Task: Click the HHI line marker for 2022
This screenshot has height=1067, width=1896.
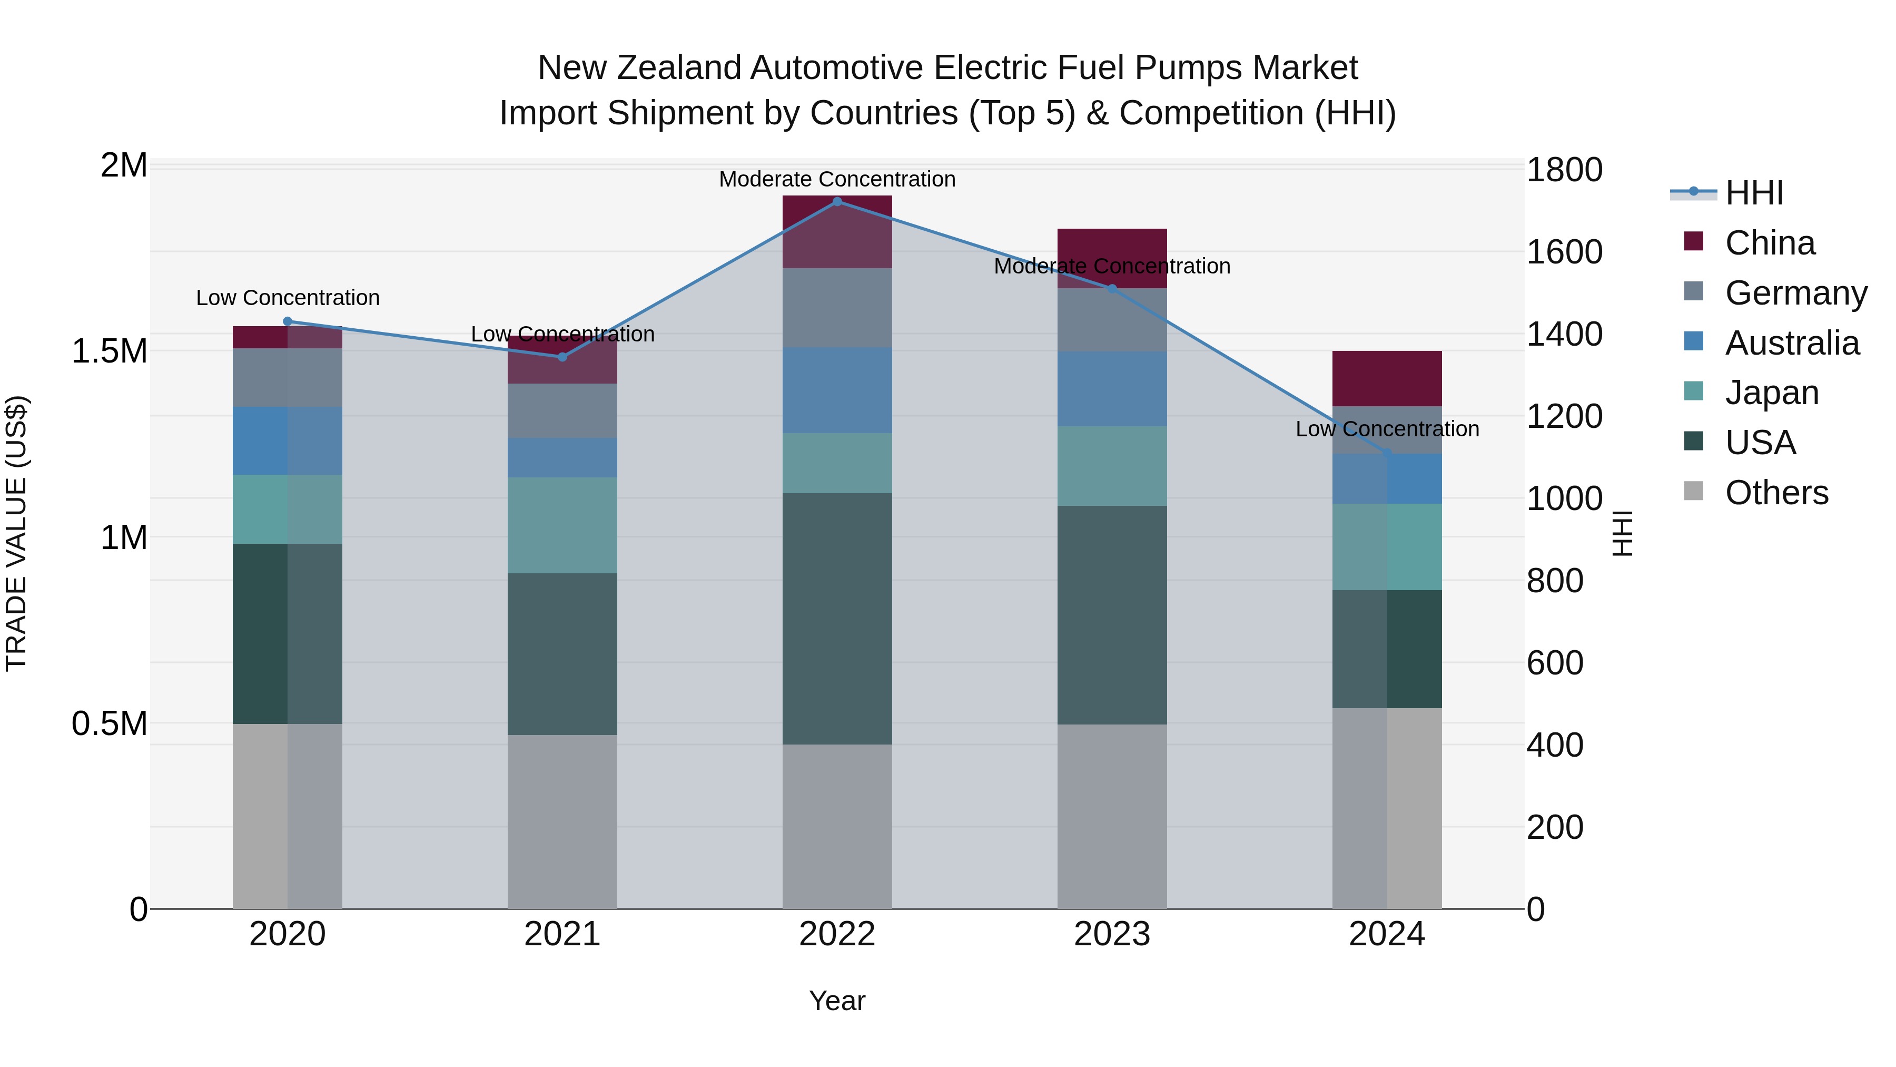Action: [x=837, y=201]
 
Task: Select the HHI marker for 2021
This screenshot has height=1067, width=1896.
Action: [x=562, y=357]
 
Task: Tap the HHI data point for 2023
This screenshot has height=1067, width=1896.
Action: [x=1112, y=289]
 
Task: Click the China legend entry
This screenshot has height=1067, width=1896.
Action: [x=1770, y=243]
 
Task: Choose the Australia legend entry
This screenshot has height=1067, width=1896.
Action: [x=1792, y=343]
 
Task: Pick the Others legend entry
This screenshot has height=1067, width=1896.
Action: [x=1776, y=493]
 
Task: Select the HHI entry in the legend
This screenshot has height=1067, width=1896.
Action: [x=1753, y=193]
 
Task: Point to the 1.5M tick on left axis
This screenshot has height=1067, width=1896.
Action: [x=109, y=351]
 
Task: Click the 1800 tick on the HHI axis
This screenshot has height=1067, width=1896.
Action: [x=1564, y=170]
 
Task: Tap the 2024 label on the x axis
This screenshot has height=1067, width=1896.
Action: [x=1387, y=934]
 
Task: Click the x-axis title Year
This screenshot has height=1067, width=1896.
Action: [x=837, y=1001]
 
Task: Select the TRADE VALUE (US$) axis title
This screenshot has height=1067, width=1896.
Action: [x=16, y=533]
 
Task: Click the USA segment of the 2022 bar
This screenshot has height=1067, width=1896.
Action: [x=837, y=619]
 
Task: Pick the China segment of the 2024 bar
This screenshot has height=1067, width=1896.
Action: [x=1387, y=378]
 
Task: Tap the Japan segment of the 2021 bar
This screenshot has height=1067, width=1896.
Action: [x=562, y=525]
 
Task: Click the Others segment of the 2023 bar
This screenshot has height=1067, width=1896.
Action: [x=1112, y=816]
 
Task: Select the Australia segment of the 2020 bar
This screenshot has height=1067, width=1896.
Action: [x=287, y=440]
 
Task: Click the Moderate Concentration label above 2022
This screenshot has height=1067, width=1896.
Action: [x=837, y=179]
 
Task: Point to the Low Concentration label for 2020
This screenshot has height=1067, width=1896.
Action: [x=288, y=298]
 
